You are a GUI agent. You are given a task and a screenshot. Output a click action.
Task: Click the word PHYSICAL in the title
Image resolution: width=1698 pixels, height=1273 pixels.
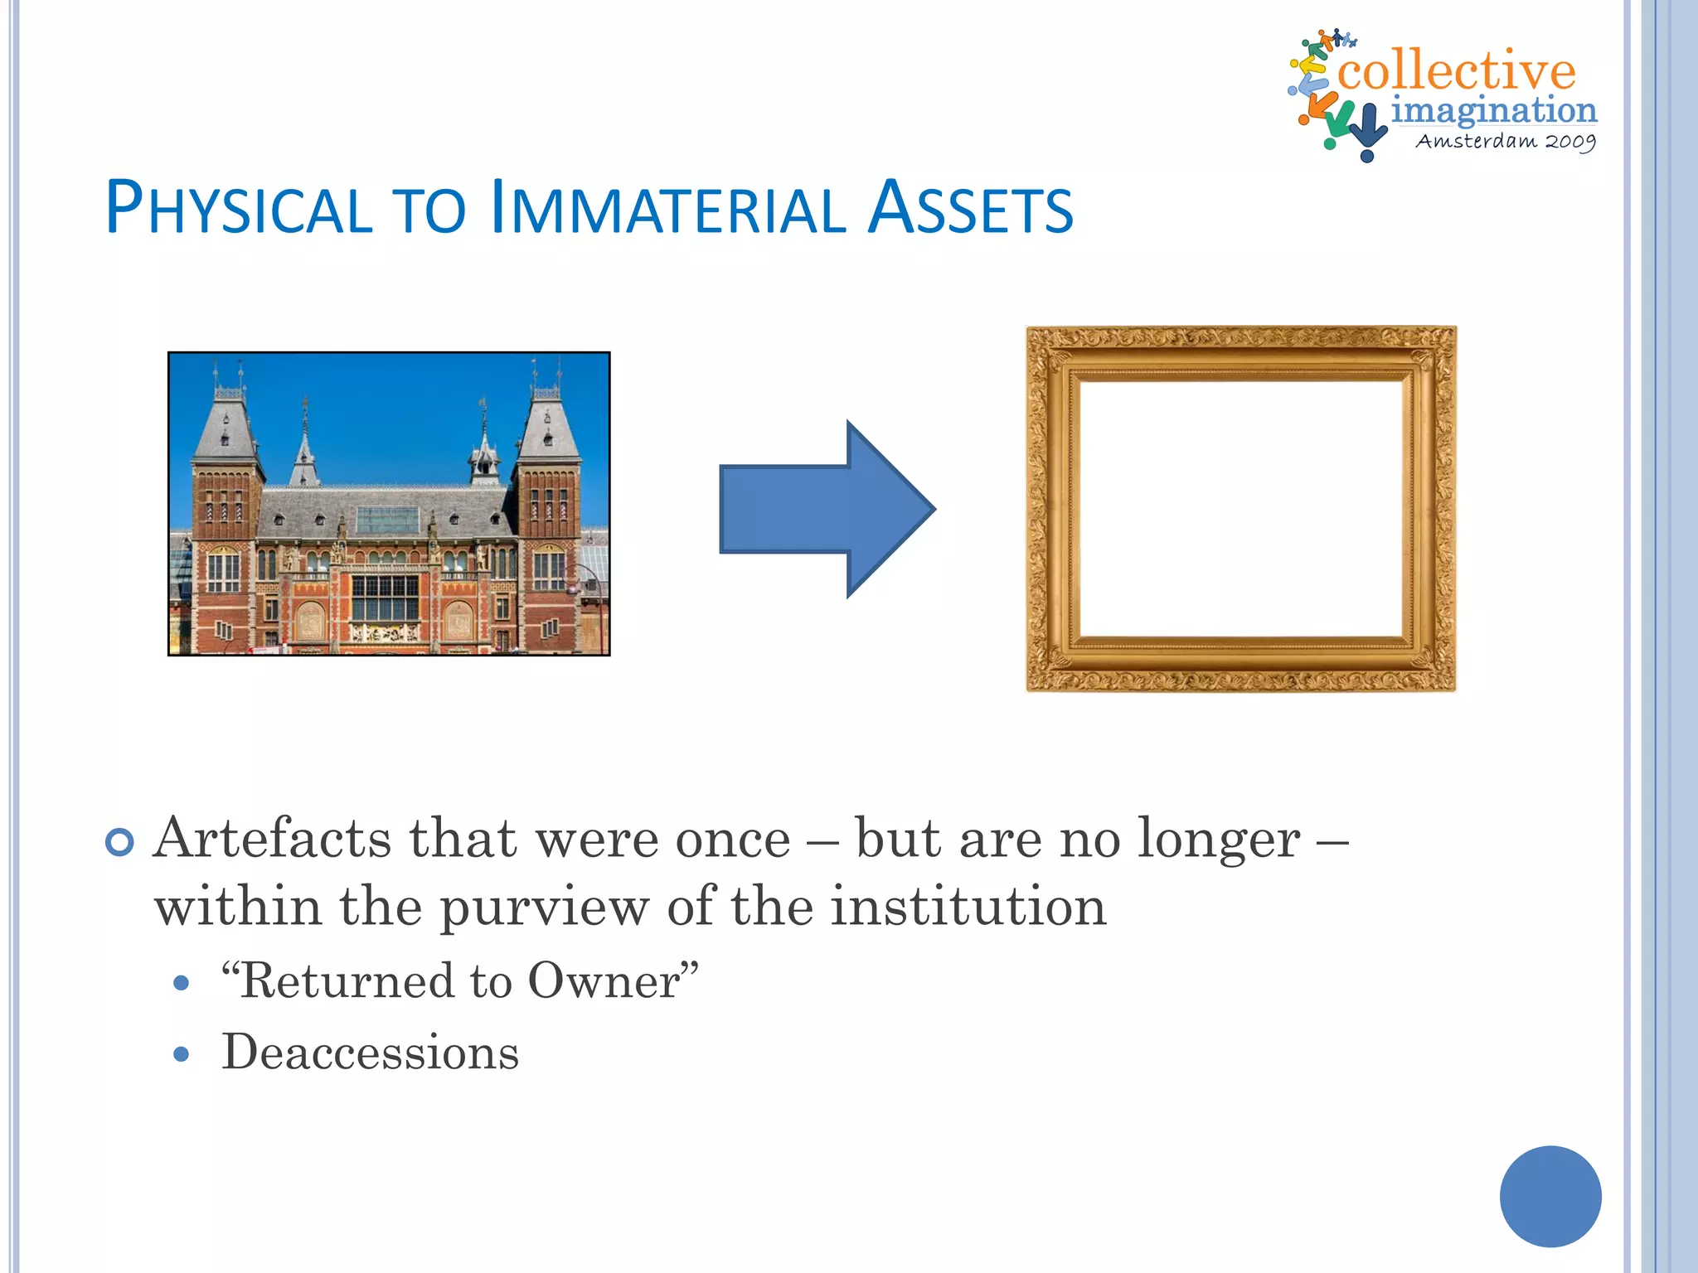(x=239, y=208)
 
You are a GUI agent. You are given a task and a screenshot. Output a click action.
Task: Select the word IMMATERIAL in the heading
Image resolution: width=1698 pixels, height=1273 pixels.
(x=667, y=208)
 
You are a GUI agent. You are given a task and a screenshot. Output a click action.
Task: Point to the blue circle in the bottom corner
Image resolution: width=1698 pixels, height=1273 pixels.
(x=1550, y=1196)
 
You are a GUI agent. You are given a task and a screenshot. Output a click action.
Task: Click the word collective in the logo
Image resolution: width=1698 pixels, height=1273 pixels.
(x=1456, y=70)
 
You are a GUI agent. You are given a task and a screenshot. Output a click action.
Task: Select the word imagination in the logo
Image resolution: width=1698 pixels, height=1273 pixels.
(x=1493, y=109)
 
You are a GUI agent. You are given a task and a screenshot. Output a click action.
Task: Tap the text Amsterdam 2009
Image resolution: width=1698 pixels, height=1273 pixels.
(x=1505, y=141)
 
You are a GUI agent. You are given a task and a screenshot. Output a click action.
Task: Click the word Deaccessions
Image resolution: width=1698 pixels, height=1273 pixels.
(x=370, y=1053)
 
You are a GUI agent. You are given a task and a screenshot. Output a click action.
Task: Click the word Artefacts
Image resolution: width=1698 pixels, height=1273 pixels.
(x=272, y=839)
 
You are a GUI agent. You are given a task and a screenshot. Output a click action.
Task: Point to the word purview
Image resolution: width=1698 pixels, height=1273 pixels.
(x=544, y=907)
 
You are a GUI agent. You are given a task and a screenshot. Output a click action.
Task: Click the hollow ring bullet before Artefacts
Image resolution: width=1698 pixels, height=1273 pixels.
(x=120, y=843)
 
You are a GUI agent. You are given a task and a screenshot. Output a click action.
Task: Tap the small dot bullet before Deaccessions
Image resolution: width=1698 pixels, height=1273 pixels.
(x=182, y=1055)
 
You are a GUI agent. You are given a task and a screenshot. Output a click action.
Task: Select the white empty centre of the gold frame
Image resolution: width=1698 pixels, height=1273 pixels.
(x=1241, y=507)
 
